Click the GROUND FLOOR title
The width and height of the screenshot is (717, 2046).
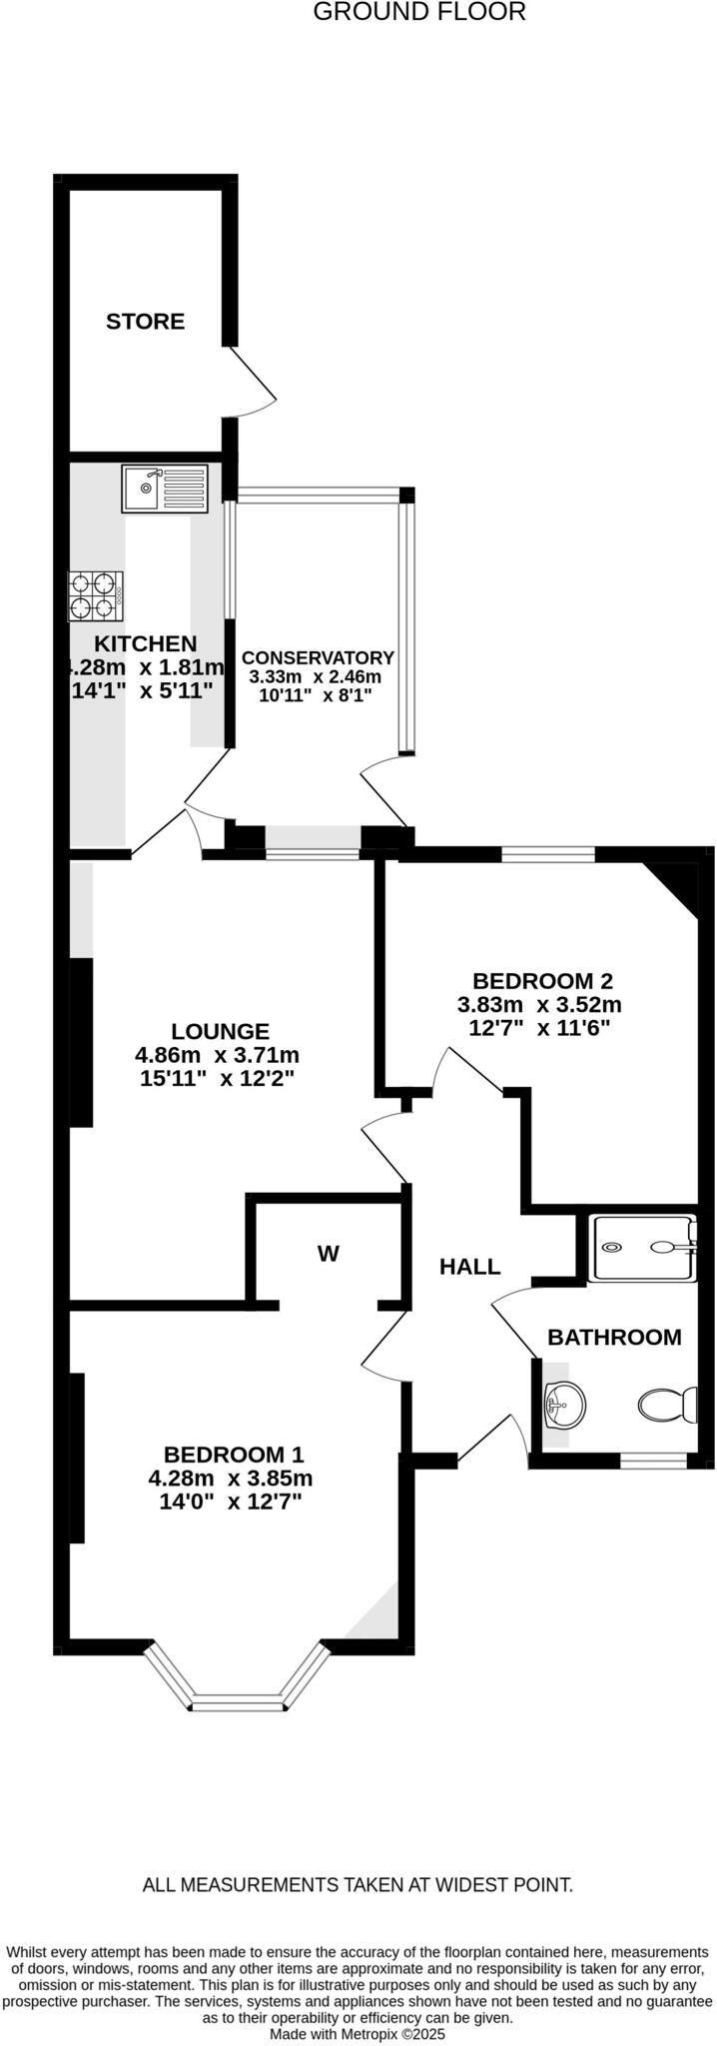coord(419,13)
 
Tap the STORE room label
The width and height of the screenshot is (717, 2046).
coord(146,322)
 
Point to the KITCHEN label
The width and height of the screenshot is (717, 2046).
coord(146,644)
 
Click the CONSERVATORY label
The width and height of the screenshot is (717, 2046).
coord(318,657)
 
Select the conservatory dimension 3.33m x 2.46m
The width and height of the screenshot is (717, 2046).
coord(315,676)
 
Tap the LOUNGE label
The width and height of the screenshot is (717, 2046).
coord(220,1031)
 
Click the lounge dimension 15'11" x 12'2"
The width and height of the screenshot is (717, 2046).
coord(218,1078)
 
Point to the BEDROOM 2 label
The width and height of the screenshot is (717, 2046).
coord(542,981)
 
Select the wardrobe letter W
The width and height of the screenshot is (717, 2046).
coord(329,1254)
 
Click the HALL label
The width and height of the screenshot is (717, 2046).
coord(470,1267)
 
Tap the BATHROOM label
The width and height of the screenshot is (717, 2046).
coord(614,1337)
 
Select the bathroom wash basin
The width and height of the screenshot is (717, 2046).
coord(562,1406)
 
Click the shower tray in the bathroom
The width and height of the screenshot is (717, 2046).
coord(641,1247)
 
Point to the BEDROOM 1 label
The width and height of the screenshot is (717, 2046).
coord(234,1455)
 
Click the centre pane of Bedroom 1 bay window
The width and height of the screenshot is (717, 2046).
coord(239,1702)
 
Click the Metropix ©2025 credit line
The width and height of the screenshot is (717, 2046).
coord(358,2033)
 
